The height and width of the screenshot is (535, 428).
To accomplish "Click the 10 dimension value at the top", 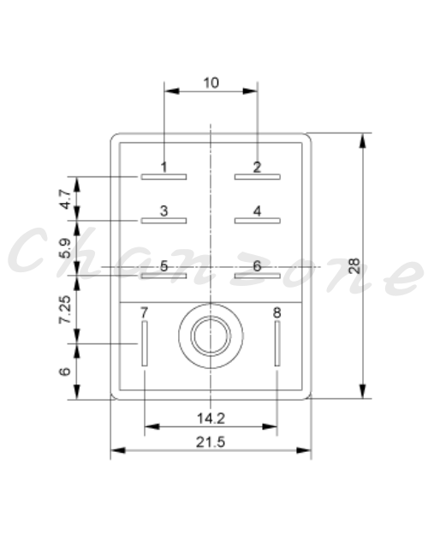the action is [211, 83].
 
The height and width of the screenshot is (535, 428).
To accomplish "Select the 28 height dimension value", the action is [354, 266].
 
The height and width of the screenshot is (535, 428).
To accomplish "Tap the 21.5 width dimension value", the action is [211, 443].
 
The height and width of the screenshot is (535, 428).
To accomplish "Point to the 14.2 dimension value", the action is [211, 419].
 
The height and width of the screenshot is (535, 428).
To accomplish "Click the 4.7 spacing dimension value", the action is [65, 199].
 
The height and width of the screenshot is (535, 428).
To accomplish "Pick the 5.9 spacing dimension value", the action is [65, 248].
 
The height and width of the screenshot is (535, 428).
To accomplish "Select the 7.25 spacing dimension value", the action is [65, 310].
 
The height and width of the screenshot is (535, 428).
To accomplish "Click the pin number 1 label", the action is [164, 167].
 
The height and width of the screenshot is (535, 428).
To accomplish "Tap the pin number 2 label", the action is [257, 167].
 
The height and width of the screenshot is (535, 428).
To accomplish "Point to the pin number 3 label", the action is [164, 211].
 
